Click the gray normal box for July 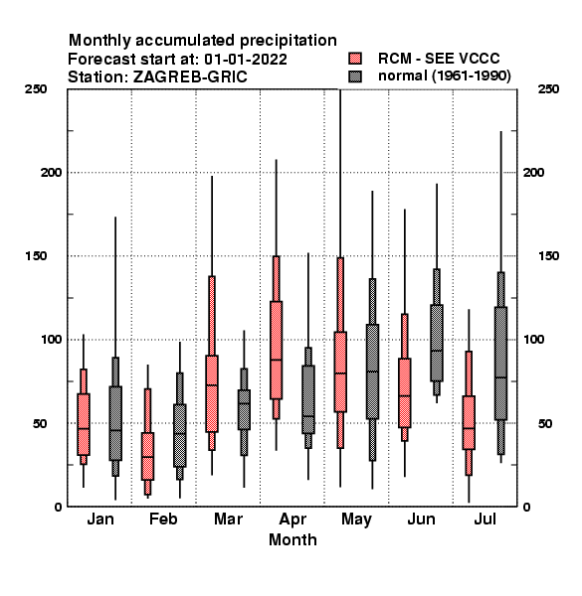pyautogui.click(x=501, y=363)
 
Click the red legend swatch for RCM pyautogui.click(x=355, y=59)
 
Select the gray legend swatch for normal pyautogui.click(x=355, y=76)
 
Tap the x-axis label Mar pyautogui.click(x=228, y=519)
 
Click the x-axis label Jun pyautogui.click(x=421, y=519)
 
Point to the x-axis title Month pyautogui.click(x=292, y=539)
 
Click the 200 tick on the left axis pyautogui.click(x=51, y=172)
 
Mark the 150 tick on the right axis pyautogui.click(x=548, y=256)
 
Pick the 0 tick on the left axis pyautogui.click(x=58, y=507)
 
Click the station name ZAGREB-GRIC pyautogui.click(x=190, y=76)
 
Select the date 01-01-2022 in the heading pyautogui.click(x=246, y=59)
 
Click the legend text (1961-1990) pyautogui.click(x=472, y=75)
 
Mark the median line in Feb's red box pyautogui.click(x=147, y=457)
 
